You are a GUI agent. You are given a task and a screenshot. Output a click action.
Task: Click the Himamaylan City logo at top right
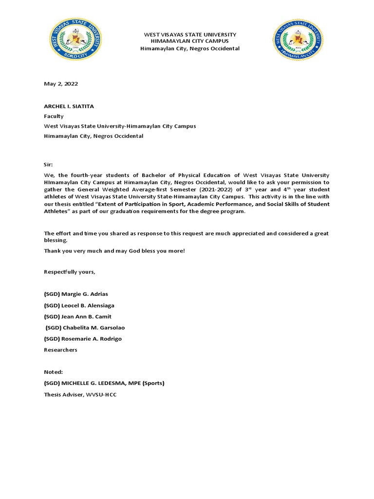tap(297, 40)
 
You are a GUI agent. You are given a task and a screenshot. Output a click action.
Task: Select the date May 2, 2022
tap(61, 84)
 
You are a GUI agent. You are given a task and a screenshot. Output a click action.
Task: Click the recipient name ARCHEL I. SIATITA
tap(70, 106)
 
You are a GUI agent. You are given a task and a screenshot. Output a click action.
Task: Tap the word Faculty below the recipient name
tap(54, 116)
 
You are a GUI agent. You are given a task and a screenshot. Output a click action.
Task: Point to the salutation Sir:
tap(49, 165)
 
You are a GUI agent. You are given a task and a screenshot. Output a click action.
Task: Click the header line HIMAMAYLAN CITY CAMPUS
tap(189, 41)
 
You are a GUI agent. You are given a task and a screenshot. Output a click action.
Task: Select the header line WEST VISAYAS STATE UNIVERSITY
tap(189, 35)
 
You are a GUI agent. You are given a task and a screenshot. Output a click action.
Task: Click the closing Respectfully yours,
tap(70, 271)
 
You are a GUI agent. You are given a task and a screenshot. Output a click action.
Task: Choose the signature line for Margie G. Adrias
tap(77, 294)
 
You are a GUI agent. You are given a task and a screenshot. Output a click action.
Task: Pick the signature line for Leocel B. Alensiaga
tap(79, 306)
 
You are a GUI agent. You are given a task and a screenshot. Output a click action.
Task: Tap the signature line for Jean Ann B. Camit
tap(77, 317)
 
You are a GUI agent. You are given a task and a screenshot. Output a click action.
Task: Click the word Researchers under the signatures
tap(60, 350)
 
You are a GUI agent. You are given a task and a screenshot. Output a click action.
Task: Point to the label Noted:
tap(53, 372)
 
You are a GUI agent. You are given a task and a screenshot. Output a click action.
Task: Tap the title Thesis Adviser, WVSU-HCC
tap(80, 394)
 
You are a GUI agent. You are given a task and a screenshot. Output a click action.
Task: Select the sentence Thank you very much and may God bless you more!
tap(114, 250)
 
